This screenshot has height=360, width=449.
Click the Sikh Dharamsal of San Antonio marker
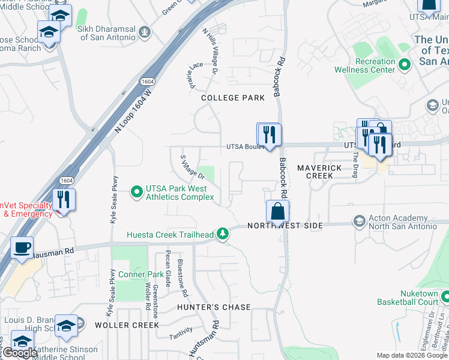(144, 31)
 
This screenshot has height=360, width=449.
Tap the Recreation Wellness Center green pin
(405, 64)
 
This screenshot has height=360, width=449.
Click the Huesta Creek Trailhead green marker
(223, 233)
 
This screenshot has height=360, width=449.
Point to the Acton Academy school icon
(360, 221)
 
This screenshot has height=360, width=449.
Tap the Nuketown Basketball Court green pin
(445, 296)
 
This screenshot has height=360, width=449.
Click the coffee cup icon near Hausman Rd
(22, 247)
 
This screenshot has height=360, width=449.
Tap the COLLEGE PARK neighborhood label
(233, 98)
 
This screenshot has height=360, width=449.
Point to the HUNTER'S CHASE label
(214, 307)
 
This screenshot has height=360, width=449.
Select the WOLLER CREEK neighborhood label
(127, 325)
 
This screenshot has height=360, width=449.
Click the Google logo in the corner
(20, 353)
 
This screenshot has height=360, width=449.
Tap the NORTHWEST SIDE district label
(285, 226)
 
